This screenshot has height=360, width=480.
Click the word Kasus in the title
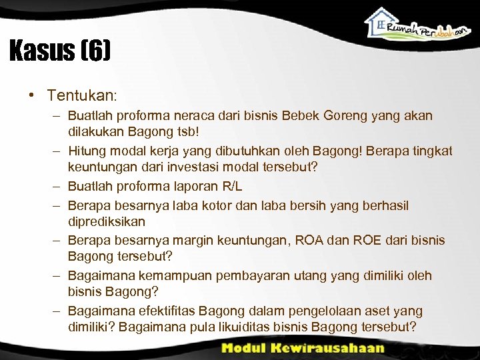point(41,51)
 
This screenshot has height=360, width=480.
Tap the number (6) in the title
point(95,51)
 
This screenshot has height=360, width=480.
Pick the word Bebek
point(285,115)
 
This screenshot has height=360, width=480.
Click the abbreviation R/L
point(234,187)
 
